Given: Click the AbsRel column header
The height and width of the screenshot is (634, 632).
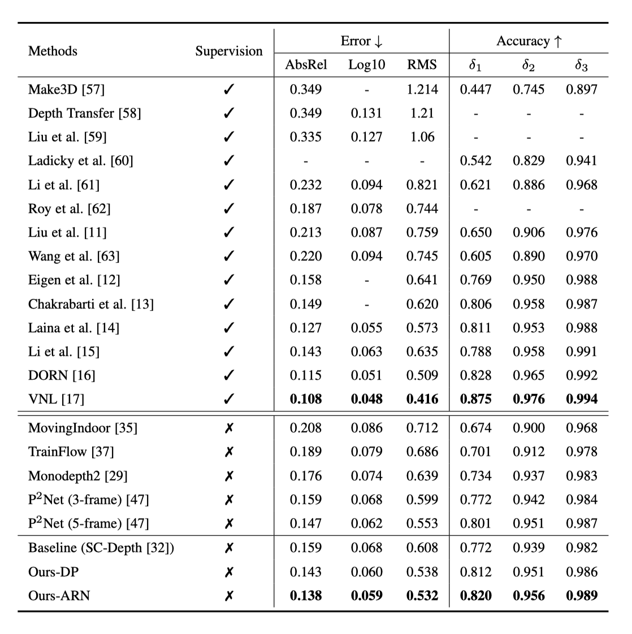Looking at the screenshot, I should click(306, 65).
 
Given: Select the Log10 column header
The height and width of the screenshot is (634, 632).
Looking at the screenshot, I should click(366, 65).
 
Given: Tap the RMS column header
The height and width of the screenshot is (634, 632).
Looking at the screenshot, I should click(422, 65).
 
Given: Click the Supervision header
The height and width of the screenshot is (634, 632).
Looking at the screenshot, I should click(229, 51).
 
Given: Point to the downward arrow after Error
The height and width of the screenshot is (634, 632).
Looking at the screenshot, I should click(378, 41).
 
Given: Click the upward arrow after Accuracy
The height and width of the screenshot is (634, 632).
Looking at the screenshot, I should click(558, 41).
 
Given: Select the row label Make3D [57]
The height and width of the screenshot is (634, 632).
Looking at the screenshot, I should click(66, 89).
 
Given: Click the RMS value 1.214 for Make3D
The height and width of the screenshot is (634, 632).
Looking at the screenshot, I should click(422, 89).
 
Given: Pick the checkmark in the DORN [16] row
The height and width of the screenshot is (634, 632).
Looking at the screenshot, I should click(228, 375).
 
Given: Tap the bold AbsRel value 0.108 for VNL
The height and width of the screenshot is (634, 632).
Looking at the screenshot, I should click(306, 399).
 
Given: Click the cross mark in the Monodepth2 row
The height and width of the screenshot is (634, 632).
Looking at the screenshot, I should click(228, 476).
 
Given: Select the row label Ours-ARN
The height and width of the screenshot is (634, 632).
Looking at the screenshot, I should click(59, 595).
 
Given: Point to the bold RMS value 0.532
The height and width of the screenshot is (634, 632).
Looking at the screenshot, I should click(422, 595).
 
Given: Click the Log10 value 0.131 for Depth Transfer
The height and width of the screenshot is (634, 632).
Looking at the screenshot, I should click(366, 113).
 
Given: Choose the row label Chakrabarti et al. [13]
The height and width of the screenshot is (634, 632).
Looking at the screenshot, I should click(91, 304).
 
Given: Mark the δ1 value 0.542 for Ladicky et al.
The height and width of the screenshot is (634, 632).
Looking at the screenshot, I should click(475, 160).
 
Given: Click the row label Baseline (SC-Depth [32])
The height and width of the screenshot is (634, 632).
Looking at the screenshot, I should click(101, 548).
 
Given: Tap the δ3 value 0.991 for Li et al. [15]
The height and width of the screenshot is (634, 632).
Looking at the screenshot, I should click(581, 351).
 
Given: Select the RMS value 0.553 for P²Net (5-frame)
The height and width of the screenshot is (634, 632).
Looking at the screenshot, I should click(422, 523).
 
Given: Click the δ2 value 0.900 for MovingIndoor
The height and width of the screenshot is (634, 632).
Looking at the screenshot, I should click(529, 428).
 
